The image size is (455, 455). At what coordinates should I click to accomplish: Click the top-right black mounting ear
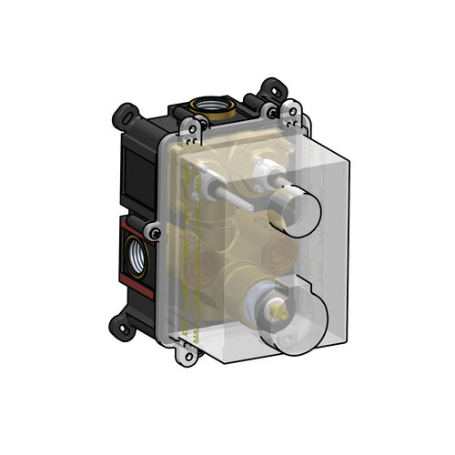coord(270,90)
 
